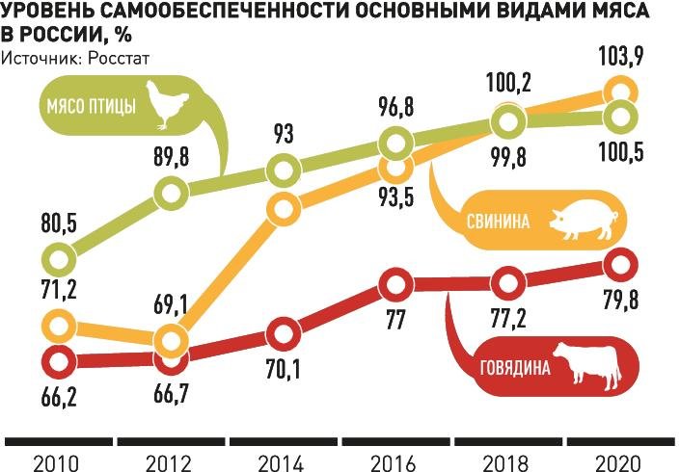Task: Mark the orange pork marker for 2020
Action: (620, 92)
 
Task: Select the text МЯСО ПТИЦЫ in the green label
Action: (94, 106)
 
